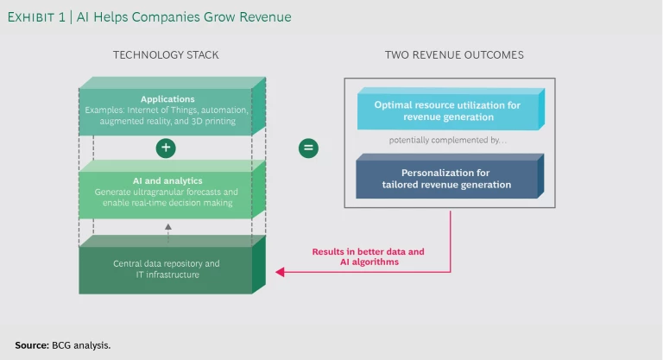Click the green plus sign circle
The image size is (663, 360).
pos(167,148)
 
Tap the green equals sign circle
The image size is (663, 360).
pos(307,148)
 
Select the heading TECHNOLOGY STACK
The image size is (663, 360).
pos(166,55)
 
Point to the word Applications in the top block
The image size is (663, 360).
pos(167,99)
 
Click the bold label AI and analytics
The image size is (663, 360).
pos(167,180)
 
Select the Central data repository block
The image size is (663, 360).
pos(167,268)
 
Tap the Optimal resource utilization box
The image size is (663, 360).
pos(446,110)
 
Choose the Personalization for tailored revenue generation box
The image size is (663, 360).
pos(446,179)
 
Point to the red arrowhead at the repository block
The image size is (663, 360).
pos(279,272)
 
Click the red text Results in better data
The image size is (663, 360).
pos(368,252)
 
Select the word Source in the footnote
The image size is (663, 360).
pos(31,344)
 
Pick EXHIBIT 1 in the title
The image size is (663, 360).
pos(38,16)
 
